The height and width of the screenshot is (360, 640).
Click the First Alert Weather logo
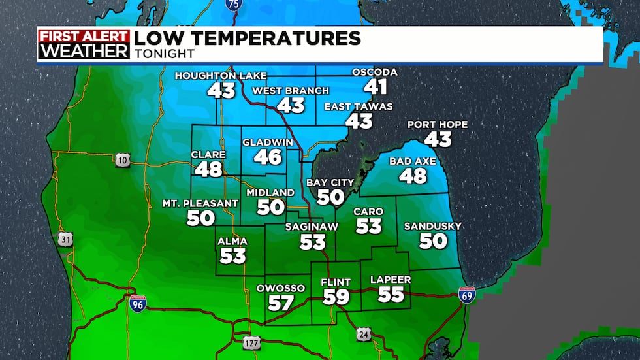pyautogui.click(x=84, y=44)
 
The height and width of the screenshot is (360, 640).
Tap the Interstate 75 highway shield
pyautogui.click(x=232, y=5)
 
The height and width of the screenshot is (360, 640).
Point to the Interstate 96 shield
pyautogui.click(x=137, y=302)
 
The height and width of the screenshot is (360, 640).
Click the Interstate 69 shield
pyautogui.click(x=466, y=293)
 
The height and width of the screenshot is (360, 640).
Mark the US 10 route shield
pyautogui.click(x=122, y=160)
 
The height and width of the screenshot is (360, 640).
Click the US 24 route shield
pyautogui.click(x=364, y=334)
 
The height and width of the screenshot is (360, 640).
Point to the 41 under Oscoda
pyautogui.click(x=376, y=87)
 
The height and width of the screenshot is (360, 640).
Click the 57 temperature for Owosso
pyautogui.click(x=281, y=303)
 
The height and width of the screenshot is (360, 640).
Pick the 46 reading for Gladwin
pyautogui.click(x=268, y=157)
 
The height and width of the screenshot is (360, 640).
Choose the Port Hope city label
pyautogui.click(x=438, y=125)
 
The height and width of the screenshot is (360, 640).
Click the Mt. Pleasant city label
pyautogui.click(x=200, y=204)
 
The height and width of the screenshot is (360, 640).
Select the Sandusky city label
pyautogui.click(x=432, y=226)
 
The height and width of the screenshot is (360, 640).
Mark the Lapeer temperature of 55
pyautogui.click(x=391, y=294)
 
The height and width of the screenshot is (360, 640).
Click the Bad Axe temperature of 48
pyautogui.click(x=412, y=175)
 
